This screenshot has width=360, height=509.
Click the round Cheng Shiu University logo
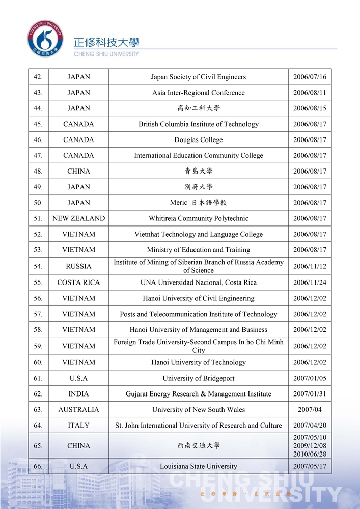coord(45,38)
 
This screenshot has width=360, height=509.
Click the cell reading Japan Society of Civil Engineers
coord(198,77)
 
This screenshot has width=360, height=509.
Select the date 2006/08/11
coord(310,93)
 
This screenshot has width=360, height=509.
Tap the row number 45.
coord(38,124)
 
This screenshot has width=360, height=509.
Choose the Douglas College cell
coord(198,140)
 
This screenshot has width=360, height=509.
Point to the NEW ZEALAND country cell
coord(78,218)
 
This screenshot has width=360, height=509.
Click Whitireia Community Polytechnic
coord(198,218)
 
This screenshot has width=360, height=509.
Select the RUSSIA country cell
coord(78,266)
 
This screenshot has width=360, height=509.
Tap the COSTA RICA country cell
coord(78,282)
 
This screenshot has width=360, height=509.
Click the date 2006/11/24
coord(310,282)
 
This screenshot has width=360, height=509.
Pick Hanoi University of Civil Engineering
coord(198,298)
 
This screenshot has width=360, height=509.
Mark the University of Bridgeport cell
coord(198,378)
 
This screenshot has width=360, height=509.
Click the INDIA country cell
coord(78,394)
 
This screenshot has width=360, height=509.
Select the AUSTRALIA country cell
coord(78,410)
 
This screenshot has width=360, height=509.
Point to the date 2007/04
coord(310,410)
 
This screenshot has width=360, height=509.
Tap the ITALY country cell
coord(78,426)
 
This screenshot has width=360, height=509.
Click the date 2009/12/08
coord(310,446)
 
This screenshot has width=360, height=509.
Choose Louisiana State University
coord(198,466)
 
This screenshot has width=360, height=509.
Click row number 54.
coord(38,266)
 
